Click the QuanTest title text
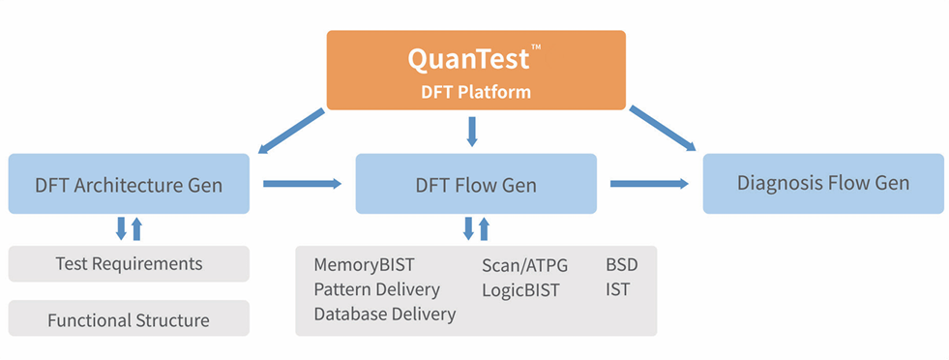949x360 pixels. (468, 59)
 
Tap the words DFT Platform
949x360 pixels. (476, 92)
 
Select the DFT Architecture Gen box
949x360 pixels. (129, 183)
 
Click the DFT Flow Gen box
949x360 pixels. (476, 183)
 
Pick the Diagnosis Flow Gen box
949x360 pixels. (823, 183)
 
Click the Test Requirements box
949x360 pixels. (129, 264)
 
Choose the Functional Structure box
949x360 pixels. (129, 318)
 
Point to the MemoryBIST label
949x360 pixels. (365, 265)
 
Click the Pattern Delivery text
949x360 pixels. (376, 289)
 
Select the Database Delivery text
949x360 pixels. (384, 314)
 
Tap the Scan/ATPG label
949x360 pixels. (524, 265)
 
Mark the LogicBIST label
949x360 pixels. (520, 290)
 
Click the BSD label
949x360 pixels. (622, 265)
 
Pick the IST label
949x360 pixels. (617, 289)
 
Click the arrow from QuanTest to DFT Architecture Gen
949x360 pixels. (292, 130)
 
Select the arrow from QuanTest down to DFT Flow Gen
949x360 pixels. (472, 132)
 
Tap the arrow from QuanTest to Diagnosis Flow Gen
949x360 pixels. (663, 128)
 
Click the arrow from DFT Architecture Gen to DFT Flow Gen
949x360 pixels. (303, 183)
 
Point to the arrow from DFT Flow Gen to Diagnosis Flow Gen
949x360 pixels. (649, 183)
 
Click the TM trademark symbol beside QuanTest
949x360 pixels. (536, 46)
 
